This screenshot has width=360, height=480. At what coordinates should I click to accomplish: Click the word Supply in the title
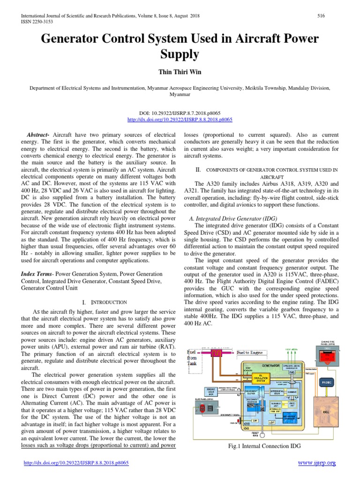click(x=180, y=55)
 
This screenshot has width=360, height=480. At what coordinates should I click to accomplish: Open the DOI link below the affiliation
click(x=180, y=120)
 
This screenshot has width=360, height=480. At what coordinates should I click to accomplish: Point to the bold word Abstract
click(x=39, y=135)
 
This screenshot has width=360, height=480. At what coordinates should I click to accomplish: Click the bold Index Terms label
click(x=38, y=274)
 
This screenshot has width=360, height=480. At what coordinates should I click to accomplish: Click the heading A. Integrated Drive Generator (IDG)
click(x=233, y=219)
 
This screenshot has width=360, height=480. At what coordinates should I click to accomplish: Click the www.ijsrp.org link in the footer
click(x=317, y=463)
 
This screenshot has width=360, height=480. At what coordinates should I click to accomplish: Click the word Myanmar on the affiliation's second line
click(x=180, y=94)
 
